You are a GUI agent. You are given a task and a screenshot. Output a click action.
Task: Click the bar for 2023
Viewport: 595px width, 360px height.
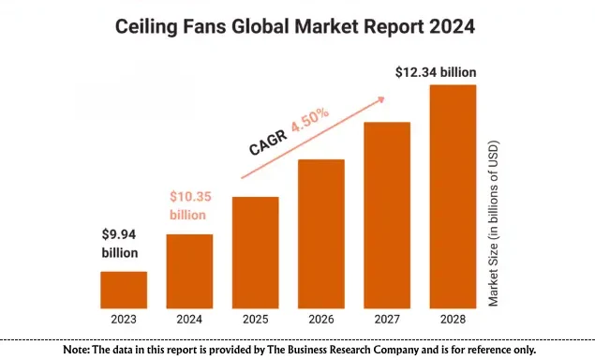[124, 290]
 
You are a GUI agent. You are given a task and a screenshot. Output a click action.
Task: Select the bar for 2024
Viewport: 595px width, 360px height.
[189, 271]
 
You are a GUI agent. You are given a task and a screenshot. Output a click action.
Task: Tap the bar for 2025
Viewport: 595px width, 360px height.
[255, 252]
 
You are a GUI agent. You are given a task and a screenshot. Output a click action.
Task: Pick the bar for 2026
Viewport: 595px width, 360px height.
[321, 233]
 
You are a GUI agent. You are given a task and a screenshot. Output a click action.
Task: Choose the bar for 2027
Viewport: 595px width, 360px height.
[387, 215]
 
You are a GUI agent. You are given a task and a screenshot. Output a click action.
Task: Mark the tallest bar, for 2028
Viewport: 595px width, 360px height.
[453, 196]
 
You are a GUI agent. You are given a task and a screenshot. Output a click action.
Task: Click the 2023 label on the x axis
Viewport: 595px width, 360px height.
[124, 320]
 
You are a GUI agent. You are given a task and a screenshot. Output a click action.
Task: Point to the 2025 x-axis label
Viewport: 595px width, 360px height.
[255, 320]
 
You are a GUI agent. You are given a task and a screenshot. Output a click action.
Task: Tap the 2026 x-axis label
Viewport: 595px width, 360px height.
[321, 320]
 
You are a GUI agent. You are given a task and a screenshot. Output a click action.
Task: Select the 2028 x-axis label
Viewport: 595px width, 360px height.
[453, 320]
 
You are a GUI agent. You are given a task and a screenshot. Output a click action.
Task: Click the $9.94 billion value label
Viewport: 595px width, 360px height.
[120, 244]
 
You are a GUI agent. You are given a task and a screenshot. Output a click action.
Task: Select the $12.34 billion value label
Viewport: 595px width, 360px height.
[437, 71]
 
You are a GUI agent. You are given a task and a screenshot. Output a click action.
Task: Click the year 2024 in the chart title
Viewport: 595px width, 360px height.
[453, 27]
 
